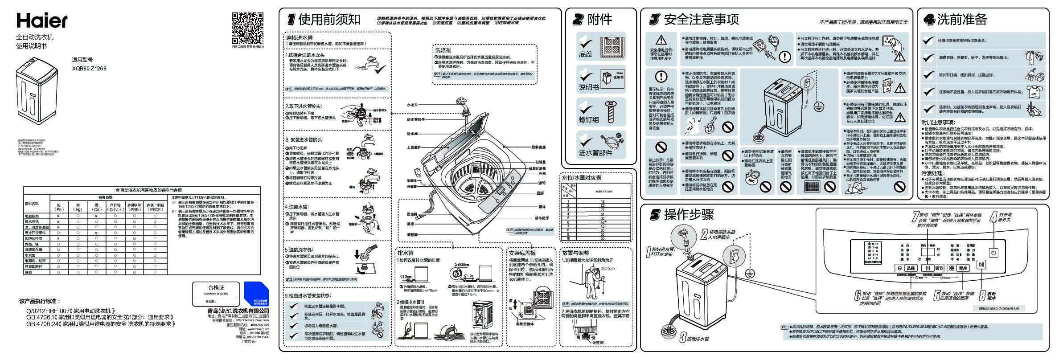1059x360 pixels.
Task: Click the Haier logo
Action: pos(42,20)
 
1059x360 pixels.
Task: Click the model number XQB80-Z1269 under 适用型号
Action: pos(89,69)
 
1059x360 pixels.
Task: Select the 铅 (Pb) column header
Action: pos(58,207)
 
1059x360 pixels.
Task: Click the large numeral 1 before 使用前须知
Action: pos(291,19)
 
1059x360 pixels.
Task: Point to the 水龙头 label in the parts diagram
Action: pos(412,105)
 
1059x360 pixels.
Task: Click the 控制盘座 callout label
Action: pos(538,147)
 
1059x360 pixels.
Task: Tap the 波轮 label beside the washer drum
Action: pos(542,183)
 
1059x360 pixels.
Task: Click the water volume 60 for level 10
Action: pos(603,238)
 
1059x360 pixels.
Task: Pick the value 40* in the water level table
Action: pos(603,222)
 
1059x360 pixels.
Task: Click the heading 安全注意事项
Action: pos(701,19)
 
